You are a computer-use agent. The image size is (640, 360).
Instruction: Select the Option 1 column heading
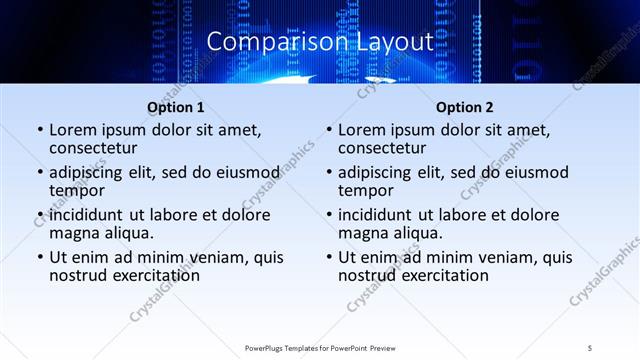tap(176, 107)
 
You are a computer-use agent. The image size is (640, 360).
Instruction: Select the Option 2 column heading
tap(465, 107)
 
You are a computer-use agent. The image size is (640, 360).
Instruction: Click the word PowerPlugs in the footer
tap(267, 347)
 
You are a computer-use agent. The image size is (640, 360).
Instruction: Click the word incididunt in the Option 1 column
tap(92, 216)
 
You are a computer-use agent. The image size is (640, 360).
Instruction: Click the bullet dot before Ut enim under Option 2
tap(329, 258)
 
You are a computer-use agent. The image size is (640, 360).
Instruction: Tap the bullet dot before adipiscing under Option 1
tap(40, 172)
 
